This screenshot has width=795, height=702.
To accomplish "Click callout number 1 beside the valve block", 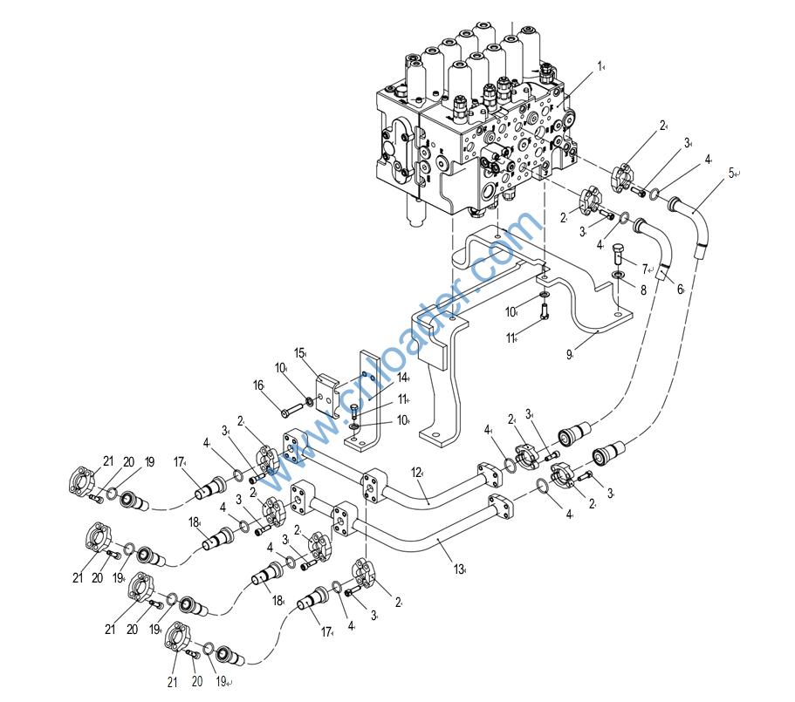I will [600, 65].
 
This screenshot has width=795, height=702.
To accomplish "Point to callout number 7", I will [643, 269].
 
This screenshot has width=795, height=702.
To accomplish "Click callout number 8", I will [643, 291].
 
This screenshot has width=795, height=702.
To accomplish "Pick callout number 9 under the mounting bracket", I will [569, 354].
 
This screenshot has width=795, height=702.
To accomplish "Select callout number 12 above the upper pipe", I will [418, 473].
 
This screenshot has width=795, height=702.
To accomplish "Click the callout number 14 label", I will [403, 377].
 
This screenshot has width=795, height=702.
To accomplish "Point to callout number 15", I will [298, 352].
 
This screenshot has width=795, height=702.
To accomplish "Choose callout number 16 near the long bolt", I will [258, 384].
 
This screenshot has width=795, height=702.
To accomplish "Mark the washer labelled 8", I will [616, 276].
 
